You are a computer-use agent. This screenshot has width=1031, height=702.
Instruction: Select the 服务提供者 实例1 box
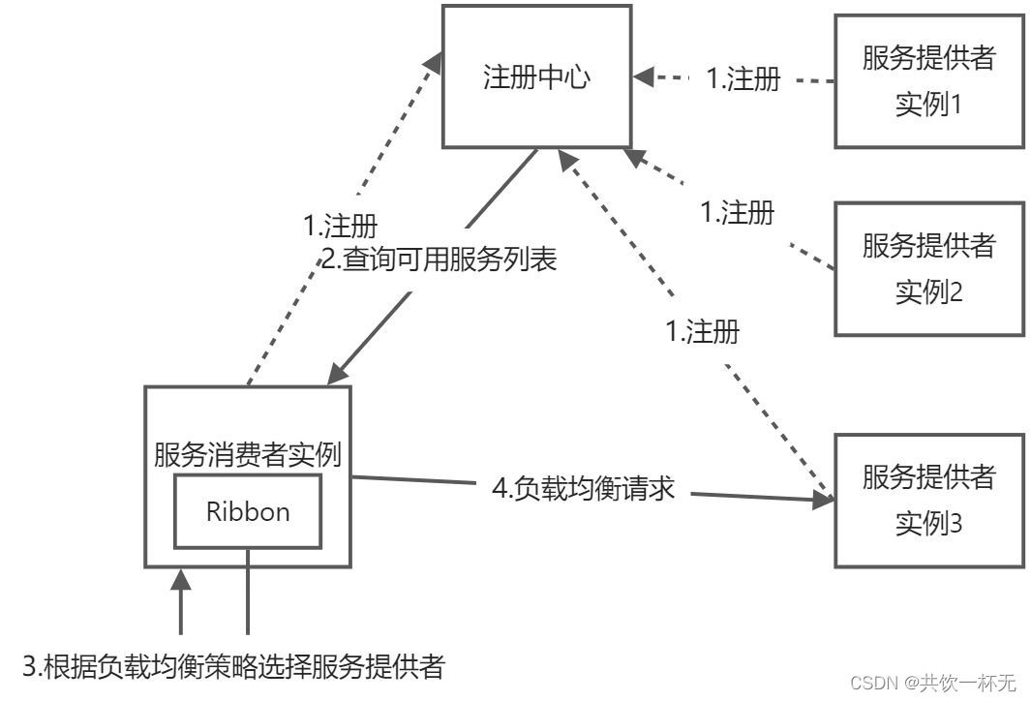[928, 80]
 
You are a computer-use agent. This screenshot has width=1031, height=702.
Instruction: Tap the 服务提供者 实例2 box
[928, 268]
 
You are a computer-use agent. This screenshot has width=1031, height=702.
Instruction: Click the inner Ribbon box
[248, 511]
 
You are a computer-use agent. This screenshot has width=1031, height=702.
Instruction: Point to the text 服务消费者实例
[248, 455]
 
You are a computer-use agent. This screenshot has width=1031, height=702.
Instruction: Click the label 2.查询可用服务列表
[439, 259]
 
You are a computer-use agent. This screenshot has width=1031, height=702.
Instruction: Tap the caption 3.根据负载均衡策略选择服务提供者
[233, 666]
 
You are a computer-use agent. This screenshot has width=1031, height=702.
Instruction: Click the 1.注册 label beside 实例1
[743, 79]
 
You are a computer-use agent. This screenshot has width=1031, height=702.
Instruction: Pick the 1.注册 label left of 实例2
[737, 213]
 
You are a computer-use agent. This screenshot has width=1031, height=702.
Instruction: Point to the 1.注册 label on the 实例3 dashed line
[703, 332]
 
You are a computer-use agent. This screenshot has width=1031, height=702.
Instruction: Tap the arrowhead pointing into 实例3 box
[826, 500]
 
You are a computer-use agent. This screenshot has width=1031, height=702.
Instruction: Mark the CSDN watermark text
[933, 683]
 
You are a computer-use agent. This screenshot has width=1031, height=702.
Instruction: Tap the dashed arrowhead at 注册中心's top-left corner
[435, 61]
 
